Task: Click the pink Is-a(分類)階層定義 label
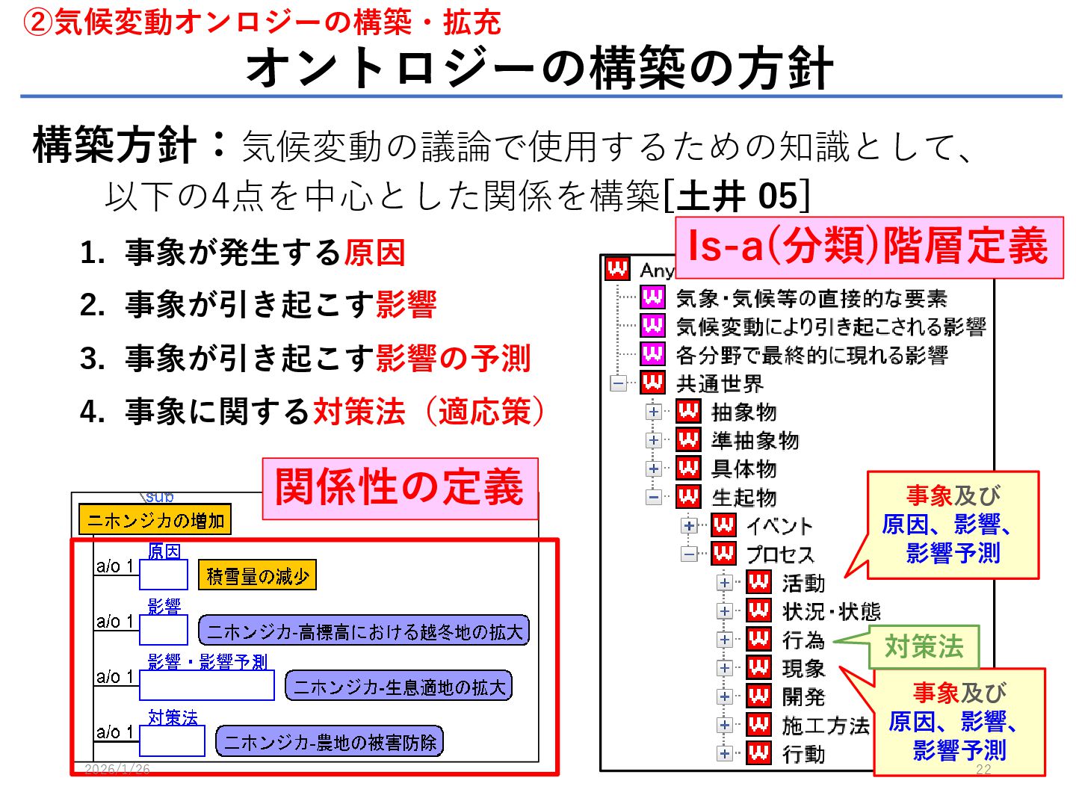pyautogui.click(x=869, y=247)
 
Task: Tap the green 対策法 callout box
pyautogui.click(x=924, y=647)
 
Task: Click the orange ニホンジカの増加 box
pyautogui.click(x=155, y=520)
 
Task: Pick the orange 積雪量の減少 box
pyautogui.click(x=258, y=576)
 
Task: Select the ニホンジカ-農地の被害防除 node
pyautogui.click(x=330, y=742)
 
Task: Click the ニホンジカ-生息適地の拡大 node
pyautogui.click(x=399, y=687)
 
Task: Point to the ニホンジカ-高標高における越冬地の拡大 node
pyautogui.click(x=364, y=631)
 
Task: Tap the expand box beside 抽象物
pyautogui.click(x=654, y=412)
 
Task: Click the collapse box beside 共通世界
pyautogui.click(x=619, y=383)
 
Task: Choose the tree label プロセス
pyautogui.click(x=780, y=554)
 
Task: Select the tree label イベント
pyautogui.click(x=779, y=526)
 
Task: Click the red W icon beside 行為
pyautogui.click(x=759, y=640)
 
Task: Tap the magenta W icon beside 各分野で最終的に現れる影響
pyautogui.click(x=652, y=353)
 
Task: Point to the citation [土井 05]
pyautogui.click(x=737, y=197)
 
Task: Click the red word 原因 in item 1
pyautogui.click(x=374, y=253)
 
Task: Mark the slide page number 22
pyautogui.click(x=983, y=770)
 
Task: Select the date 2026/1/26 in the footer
pyautogui.click(x=117, y=769)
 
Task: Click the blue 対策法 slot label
pyautogui.click(x=173, y=718)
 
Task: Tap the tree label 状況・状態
pyautogui.click(x=831, y=612)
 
